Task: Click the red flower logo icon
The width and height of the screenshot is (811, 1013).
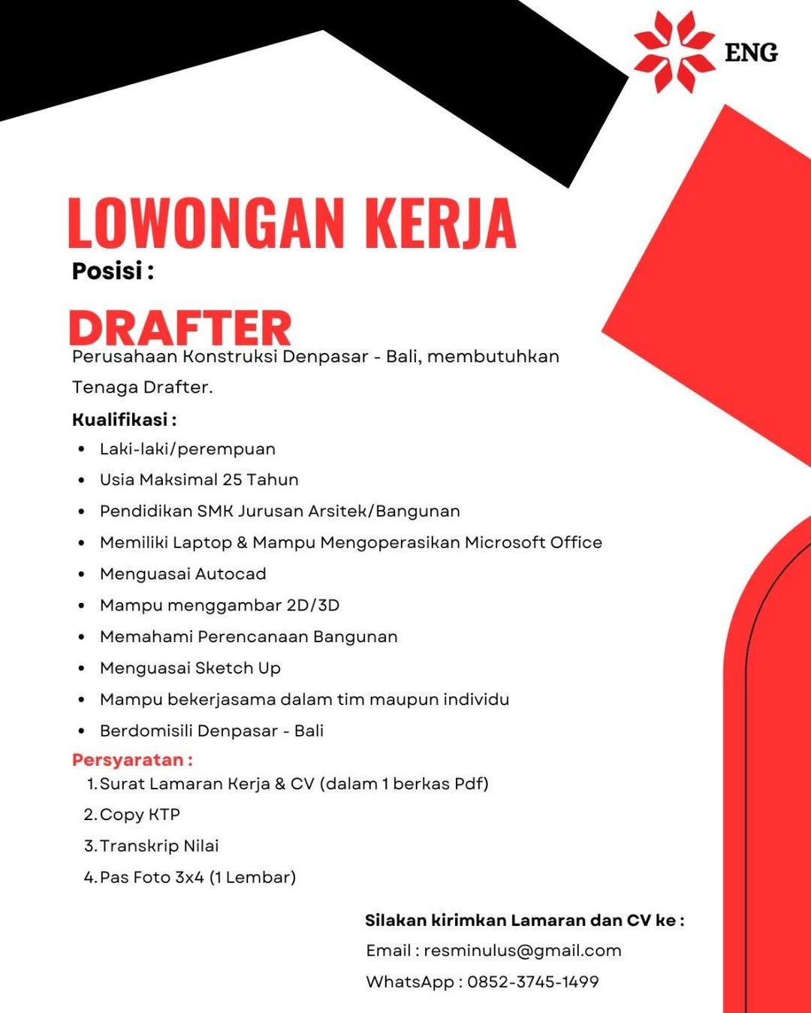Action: click(674, 52)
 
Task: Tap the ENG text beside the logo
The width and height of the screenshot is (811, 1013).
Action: click(751, 53)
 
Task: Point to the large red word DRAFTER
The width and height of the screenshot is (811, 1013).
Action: click(180, 328)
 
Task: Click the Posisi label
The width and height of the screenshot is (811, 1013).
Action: click(107, 270)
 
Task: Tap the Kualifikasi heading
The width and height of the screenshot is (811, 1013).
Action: click(120, 419)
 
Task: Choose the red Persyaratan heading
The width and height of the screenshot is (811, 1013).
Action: click(128, 760)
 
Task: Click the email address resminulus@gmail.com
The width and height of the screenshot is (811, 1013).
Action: click(523, 951)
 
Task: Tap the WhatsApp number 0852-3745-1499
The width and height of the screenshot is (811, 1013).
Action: click(533, 981)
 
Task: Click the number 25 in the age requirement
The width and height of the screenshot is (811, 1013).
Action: click(232, 480)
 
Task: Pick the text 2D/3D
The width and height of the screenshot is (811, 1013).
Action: click(313, 605)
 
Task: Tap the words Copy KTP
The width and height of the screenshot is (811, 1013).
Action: click(140, 815)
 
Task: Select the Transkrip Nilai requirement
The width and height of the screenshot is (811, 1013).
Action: click(159, 846)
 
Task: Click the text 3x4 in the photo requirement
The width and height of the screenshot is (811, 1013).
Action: click(189, 877)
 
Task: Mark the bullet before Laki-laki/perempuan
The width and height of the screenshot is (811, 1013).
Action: click(81, 450)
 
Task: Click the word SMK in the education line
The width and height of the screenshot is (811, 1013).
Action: click(216, 511)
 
